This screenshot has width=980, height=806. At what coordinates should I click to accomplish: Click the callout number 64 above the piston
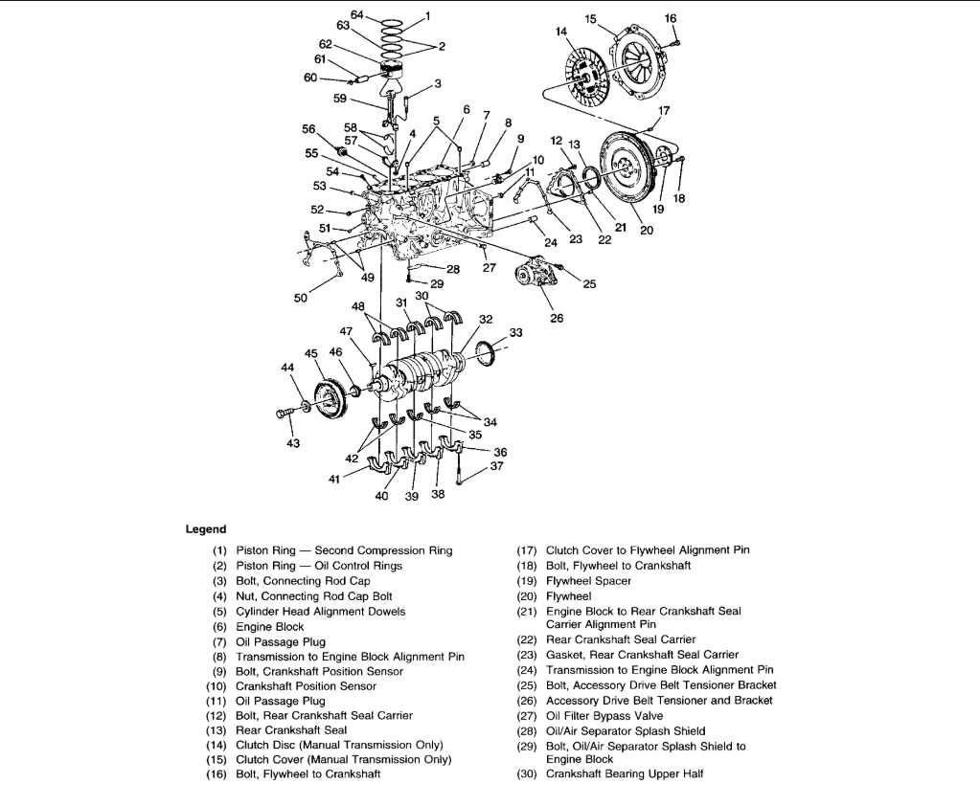[356, 14]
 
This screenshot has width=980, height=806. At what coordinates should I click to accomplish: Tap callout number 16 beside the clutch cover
[670, 18]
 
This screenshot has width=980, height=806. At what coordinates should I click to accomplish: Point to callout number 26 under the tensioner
[557, 320]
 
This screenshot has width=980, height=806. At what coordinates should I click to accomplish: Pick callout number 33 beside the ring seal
[516, 333]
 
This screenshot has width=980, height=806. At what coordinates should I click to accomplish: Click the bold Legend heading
[206, 528]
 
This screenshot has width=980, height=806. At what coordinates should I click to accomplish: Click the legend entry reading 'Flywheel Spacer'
[588, 581]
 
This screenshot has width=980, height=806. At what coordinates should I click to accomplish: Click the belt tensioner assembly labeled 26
[536, 277]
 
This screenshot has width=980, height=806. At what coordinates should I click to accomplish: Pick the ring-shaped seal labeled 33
[487, 351]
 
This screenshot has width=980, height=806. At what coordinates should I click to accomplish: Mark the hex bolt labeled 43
[284, 413]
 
